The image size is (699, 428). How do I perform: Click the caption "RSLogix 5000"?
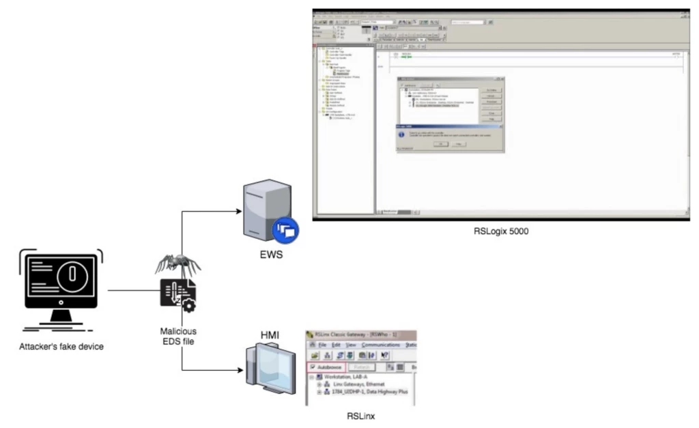tap(501, 231)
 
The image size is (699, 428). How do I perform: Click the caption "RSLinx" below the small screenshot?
tap(360, 415)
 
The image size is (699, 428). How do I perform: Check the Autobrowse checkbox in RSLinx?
tap(313, 367)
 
